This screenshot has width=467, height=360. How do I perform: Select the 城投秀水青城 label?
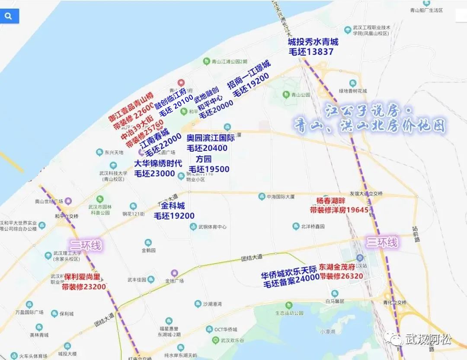[313, 42]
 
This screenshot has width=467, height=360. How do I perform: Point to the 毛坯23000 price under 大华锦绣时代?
[154, 174]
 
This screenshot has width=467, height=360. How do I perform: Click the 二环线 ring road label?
[85, 245]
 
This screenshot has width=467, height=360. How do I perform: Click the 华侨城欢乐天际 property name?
[288, 275]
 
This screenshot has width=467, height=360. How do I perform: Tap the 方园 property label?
[206, 159]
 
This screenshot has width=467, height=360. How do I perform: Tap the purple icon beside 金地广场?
[174, 273]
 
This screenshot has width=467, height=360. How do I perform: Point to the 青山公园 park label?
[301, 95]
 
